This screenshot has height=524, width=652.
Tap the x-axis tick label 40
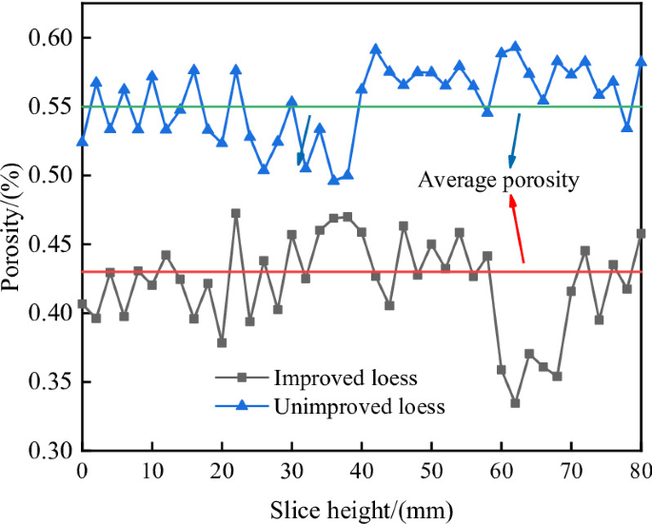(x=362, y=470)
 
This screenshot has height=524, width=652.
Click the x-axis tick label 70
(x=571, y=470)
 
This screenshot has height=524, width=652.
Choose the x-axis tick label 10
(x=151, y=470)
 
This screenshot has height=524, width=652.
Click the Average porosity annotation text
(x=499, y=180)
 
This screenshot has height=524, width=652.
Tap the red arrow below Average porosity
(x=517, y=228)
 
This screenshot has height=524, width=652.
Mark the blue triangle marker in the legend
(x=241, y=405)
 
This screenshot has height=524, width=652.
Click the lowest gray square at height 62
(x=515, y=403)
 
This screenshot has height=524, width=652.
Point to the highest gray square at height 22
(x=236, y=213)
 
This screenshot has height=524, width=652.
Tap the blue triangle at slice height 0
(x=83, y=141)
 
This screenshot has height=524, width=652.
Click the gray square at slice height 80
(x=641, y=233)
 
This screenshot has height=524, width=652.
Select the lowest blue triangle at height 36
(x=334, y=179)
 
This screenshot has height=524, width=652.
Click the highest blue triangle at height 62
(x=515, y=46)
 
